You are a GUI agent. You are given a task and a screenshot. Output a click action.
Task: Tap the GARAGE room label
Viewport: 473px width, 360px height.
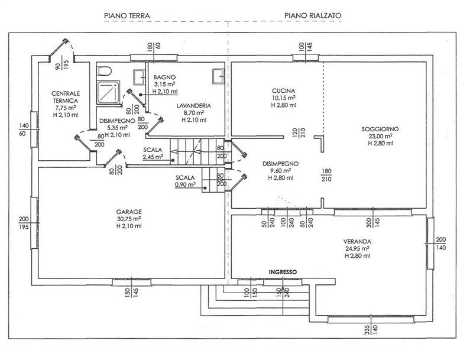(129, 211)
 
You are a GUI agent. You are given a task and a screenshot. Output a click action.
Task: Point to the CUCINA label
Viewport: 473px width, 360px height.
(283, 90)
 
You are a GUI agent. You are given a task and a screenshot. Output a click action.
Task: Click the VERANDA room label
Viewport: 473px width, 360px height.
(358, 241)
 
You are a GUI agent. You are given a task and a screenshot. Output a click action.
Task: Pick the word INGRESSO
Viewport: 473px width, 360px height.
(283, 272)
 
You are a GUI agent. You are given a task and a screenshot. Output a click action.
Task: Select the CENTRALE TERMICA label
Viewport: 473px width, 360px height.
(64, 97)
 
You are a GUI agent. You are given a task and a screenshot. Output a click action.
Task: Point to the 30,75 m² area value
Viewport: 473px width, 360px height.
(128, 219)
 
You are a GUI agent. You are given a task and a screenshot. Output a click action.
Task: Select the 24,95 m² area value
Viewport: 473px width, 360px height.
(357, 249)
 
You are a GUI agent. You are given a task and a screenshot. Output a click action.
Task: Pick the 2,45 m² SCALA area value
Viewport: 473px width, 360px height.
(153, 157)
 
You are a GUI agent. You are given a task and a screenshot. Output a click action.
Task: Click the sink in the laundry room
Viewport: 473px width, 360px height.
(217, 74)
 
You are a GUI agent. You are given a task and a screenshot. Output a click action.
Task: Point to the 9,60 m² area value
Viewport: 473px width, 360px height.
(281, 170)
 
